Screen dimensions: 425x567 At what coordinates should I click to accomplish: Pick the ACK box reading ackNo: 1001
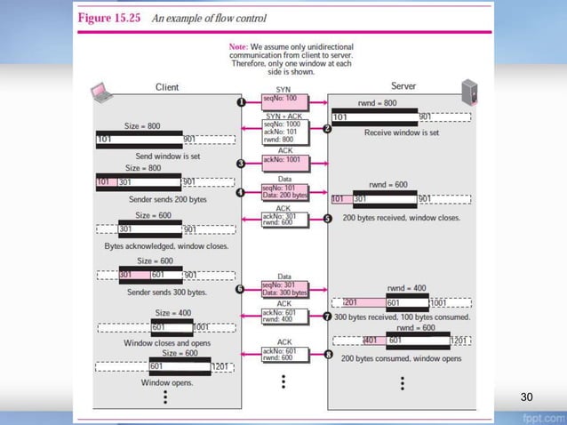tap(284, 161)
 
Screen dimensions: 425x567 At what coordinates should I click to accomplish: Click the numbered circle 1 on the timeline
tap(241, 103)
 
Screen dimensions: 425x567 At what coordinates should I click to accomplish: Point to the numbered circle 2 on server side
tap(327, 129)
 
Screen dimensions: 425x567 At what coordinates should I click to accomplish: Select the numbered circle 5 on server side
tap(327, 219)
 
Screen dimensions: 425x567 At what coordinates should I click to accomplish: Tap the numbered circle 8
tap(327, 355)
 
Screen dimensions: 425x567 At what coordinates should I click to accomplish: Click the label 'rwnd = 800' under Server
tap(379, 104)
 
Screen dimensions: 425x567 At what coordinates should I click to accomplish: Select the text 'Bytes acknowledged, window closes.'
tap(166, 245)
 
